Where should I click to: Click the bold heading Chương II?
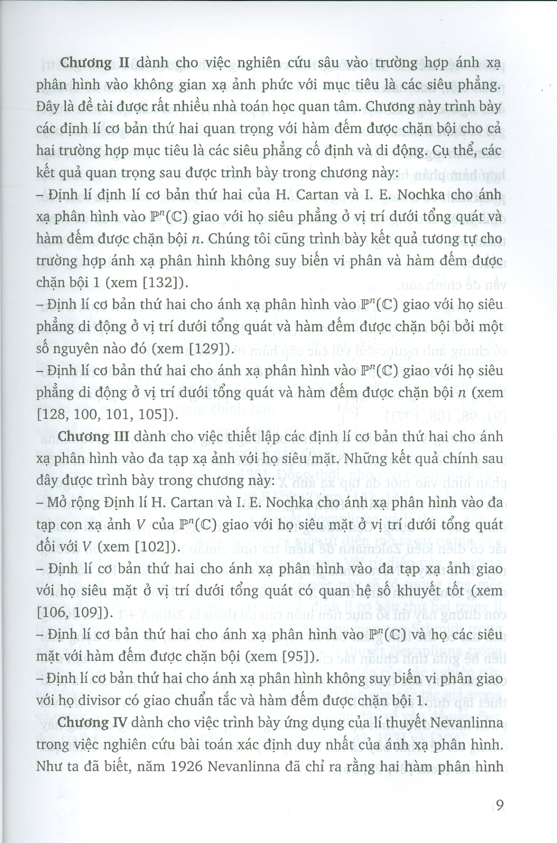pyautogui.click(x=86, y=63)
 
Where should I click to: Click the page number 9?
pyautogui.click(x=499, y=805)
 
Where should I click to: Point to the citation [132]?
pyautogui.click(x=156, y=283)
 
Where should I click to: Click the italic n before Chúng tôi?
pyautogui.click(x=195, y=239)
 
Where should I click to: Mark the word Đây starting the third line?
pyautogui.click(x=48, y=107)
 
